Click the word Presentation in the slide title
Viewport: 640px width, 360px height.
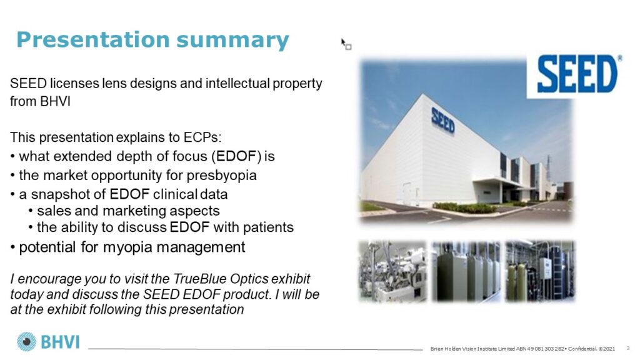pos(92,39)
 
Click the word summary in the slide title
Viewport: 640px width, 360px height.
pos(232,41)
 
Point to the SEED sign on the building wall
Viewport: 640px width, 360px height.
pos(443,120)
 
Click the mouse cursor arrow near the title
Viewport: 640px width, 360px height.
pos(344,42)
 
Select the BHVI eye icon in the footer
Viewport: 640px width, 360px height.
pos(26,342)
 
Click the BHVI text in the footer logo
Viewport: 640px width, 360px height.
pos(60,342)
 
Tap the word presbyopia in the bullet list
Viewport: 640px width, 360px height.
pos(222,176)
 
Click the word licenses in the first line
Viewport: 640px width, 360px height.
pos(74,83)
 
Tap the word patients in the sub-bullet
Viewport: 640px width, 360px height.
pos(268,227)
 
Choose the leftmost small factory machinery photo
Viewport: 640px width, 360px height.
pos(392,271)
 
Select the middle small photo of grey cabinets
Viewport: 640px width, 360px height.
pos(466,271)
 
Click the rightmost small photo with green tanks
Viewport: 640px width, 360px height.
pos(540,271)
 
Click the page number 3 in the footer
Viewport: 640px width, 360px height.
pos(628,348)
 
